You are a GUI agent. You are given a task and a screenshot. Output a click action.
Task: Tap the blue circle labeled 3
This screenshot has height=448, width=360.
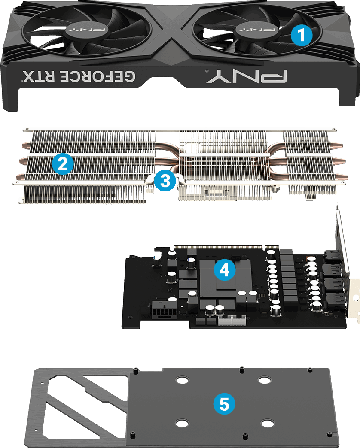(x=165, y=181)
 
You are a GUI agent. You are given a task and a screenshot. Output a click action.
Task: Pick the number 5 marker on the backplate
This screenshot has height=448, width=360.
(x=224, y=403)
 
